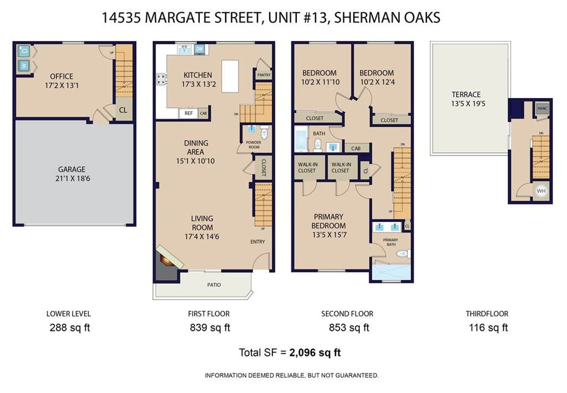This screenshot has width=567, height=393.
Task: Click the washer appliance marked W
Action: (x=23, y=66)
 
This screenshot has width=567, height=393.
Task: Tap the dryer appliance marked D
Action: (x=23, y=51)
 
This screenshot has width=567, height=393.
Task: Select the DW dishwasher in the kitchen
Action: (x=199, y=49)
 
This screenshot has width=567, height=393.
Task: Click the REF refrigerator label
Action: (x=189, y=113)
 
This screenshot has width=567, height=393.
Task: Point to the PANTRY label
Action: (x=264, y=75)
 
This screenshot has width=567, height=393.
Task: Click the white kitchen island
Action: (x=230, y=76)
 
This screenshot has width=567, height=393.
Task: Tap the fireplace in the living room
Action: (x=168, y=259)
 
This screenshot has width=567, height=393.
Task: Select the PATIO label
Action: (x=214, y=285)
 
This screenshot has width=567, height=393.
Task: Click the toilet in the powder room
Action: (x=264, y=132)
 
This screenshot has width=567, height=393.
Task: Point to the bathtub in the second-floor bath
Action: (x=301, y=139)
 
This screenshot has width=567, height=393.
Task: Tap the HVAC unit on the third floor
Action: (x=542, y=108)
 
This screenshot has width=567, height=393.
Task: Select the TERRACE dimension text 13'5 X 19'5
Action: (x=468, y=104)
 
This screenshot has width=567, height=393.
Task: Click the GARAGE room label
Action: (x=72, y=169)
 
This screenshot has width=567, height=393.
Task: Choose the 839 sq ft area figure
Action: (x=210, y=328)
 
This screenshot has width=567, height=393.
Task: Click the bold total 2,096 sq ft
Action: (x=315, y=353)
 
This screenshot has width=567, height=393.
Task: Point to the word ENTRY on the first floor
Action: (x=257, y=241)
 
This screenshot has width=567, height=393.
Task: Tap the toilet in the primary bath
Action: (x=403, y=254)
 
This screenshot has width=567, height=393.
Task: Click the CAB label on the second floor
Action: (x=356, y=148)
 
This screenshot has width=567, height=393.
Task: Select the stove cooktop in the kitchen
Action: (x=162, y=80)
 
